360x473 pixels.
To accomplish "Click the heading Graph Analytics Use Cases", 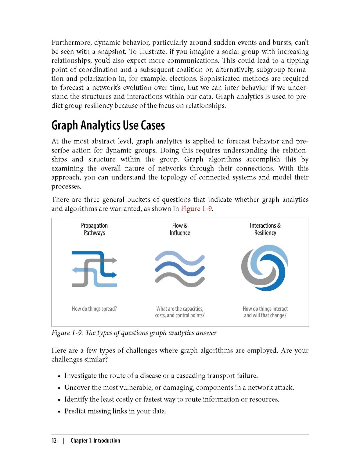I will tap(108, 125).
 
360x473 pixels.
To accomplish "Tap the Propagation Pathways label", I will tap(94, 229).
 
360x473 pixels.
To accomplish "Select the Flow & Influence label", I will tap(180, 229).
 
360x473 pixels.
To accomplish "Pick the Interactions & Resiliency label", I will tap(265, 229).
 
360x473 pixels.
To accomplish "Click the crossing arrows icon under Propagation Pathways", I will tap(94, 269).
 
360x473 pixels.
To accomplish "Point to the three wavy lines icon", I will tap(180, 269).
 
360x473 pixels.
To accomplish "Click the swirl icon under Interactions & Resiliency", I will tap(265, 268).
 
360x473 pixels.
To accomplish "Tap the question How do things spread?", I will tap(94, 309).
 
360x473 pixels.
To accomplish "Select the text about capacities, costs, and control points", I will tap(180, 312).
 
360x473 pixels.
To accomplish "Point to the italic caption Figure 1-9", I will tap(134, 333).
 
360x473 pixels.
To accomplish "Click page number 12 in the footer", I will tap(54, 440).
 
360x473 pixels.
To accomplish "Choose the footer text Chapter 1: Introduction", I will tap(95, 440).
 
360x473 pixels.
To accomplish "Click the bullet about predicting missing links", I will tap(115, 411).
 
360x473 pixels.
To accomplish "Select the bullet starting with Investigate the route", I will tap(161, 376).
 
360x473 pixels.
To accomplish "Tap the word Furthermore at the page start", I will tap(71, 43).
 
